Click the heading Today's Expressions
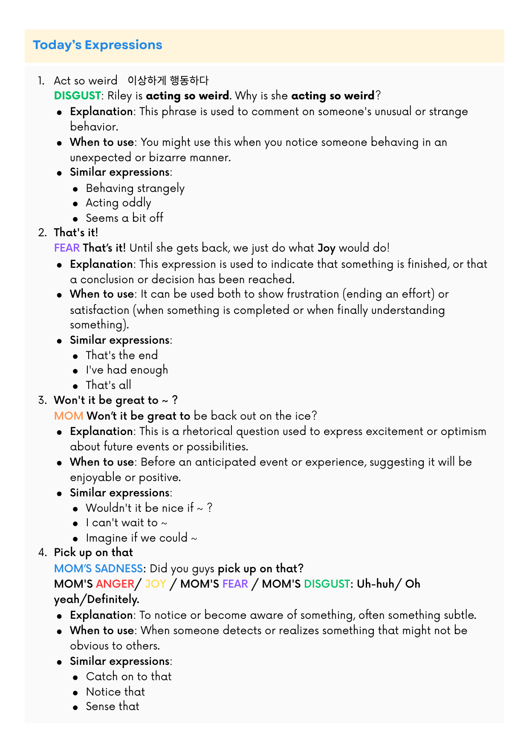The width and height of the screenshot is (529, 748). pyautogui.click(x=98, y=45)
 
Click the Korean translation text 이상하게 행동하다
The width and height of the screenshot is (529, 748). pyautogui.click(x=168, y=80)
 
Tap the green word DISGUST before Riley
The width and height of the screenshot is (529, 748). pyautogui.click(x=78, y=96)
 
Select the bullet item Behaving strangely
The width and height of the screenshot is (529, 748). pyautogui.click(x=135, y=188)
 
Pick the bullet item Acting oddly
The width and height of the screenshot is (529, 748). pyautogui.click(x=119, y=203)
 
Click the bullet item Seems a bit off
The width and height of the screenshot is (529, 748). pyautogui.click(x=124, y=218)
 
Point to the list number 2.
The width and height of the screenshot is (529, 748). pyautogui.click(x=42, y=233)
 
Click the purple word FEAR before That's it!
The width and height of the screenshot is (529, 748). pyautogui.click(x=67, y=248)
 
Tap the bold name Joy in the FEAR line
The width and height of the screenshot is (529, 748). pyautogui.click(x=327, y=248)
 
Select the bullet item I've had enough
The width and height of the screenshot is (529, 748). pyautogui.click(x=127, y=370)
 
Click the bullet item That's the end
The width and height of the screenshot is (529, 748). pyautogui.click(x=122, y=355)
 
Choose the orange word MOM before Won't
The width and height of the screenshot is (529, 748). pyautogui.click(x=69, y=416)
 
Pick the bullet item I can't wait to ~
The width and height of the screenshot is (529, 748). pyautogui.click(x=127, y=523)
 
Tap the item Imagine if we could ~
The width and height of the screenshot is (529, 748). pyautogui.click(x=142, y=538)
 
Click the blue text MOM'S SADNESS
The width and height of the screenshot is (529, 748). pyautogui.click(x=98, y=568)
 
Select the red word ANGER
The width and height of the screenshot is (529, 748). pyautogui.click(x=115, y=584)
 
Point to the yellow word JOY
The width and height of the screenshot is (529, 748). pyautogui.click(x=156, y=584)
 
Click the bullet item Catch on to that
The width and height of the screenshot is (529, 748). pyautogui.click(x=129, y=676)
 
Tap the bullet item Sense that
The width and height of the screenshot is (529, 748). pyautogui.click(x=113, y=706)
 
